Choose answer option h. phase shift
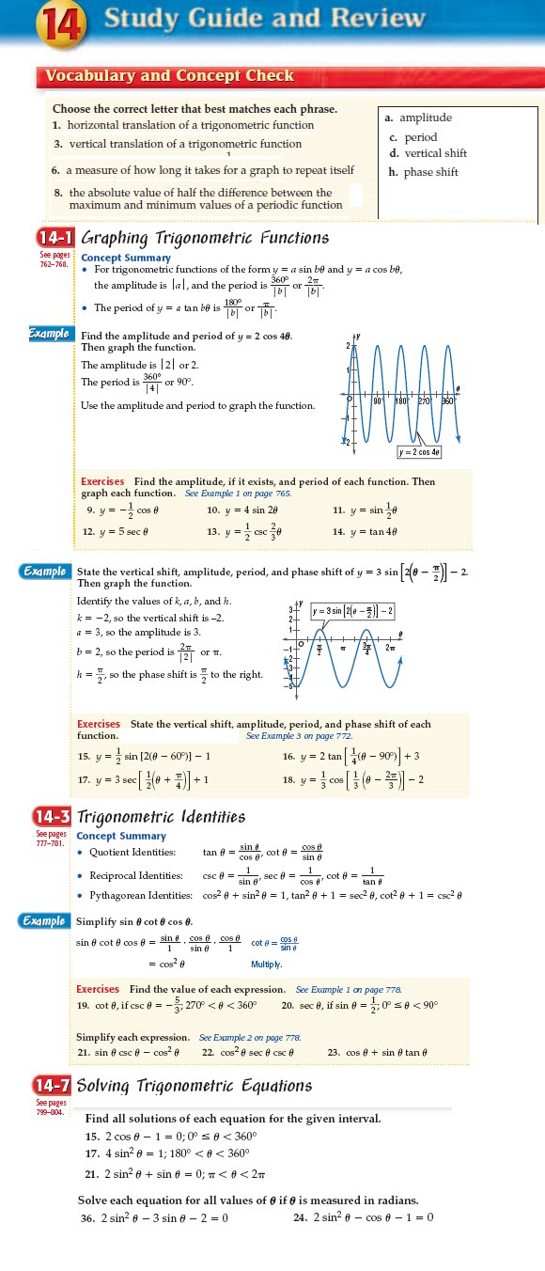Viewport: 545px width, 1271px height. point(423,172)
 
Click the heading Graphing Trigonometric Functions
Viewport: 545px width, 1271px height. point(205,238)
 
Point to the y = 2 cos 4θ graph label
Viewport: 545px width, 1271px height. point(420,452)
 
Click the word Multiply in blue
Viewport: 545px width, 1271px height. point(267,965)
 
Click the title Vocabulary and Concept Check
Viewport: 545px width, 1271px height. point(169,76)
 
